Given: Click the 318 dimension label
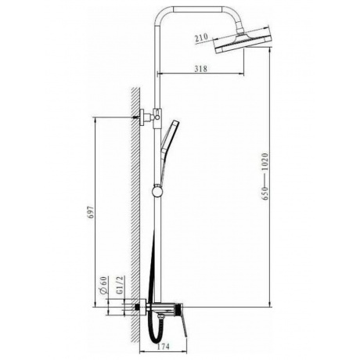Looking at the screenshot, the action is pyautogui.click(x=200, y=69).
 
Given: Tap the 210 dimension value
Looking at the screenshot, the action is pyautogui.click(x=201, y=38).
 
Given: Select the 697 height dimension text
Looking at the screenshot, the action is pyautogui.click(x=90, y=213).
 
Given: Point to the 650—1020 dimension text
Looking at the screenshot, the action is pyautogui.click(x=265, y=177).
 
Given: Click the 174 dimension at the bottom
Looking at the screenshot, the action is pyautogui.click(x=163, y=347).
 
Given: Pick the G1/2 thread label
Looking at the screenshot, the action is pyautogui.click(x=119, y=285).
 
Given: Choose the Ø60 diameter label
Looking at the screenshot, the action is pyautogui.click(x=103, y=285).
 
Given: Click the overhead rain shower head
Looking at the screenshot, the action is pyautogui.click(x=243, y=41).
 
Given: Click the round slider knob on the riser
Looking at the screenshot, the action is pyautogui.click(x=157, y=192).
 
